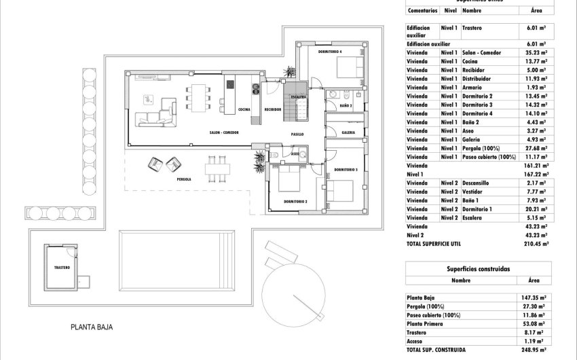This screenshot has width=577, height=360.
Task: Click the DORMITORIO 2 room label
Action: tap(295, 202)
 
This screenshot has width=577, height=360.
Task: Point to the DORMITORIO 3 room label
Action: tap(346, 169)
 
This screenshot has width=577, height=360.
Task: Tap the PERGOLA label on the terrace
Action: tap(183, 180)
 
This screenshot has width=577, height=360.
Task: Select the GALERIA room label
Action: tap(348, 132)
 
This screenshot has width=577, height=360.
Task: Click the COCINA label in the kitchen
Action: tap(245, 109)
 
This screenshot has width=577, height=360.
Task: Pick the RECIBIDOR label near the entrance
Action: tap(273, 109)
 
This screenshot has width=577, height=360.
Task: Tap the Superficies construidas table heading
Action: tap(478, 269)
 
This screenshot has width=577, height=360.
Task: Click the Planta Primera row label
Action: tap(426, 323)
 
